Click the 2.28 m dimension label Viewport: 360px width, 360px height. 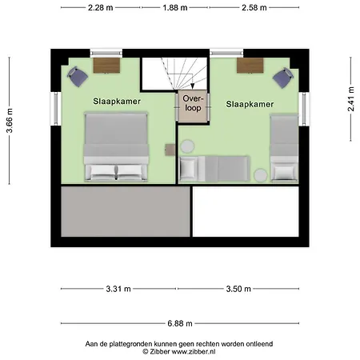[101, 8]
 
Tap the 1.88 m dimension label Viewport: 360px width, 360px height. [175, 8]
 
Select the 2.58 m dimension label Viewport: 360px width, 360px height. [254, 8]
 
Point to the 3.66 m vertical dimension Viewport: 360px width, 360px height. [10, 121]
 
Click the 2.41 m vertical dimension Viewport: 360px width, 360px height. [351, 99]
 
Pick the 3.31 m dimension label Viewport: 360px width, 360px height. [118, 289]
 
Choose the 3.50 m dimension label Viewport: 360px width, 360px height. [238, 289]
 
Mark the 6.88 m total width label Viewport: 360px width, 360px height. [180, 323]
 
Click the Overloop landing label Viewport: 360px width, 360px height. [193, 103]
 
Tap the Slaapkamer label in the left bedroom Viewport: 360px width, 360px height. [117, 102]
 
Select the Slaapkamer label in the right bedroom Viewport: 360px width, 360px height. [250, 104]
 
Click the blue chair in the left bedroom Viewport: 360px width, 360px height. [78, 77]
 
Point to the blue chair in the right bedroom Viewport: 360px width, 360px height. [283, 78]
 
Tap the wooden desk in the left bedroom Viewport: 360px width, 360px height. [106, 65]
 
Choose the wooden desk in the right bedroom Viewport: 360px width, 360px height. [250, 65]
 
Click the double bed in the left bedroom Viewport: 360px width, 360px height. [116, 147]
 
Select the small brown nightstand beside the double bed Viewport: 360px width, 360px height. [170, 150]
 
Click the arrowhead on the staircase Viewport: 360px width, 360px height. [192, 86]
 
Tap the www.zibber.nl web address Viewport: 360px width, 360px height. [194, 351]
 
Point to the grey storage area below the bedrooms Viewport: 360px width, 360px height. [126, 211]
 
